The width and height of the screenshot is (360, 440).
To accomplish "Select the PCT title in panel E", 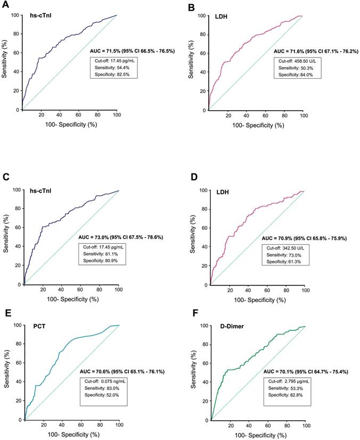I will (41, 336).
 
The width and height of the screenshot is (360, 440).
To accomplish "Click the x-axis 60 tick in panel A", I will (78, 116).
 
